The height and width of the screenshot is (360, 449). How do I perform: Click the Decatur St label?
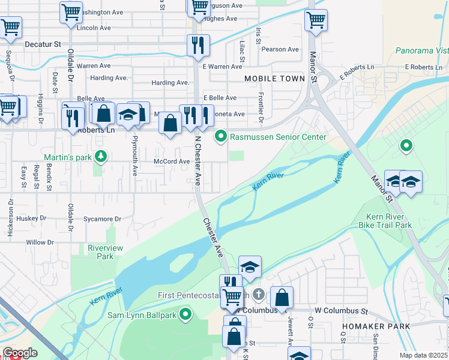[x=43, y=44]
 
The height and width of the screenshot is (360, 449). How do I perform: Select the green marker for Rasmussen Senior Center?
[x=221, y=137]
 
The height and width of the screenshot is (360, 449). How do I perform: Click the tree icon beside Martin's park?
[x=101, y=157]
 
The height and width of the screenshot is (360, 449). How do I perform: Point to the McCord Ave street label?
[x=172, y=161]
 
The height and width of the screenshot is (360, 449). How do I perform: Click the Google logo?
[x=20, y=353]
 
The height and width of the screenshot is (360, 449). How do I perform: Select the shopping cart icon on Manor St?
[x=316, y=20]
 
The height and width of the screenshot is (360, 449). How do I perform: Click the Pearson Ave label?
[x=280, y=49]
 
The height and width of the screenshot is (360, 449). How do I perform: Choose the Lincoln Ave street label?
[x=94, y=28]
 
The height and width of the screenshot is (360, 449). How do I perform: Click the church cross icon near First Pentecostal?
[x=258, y=294]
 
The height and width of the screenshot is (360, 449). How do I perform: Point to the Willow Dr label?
[x=40, y=242]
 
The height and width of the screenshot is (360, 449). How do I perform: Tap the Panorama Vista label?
[x=422, y=50]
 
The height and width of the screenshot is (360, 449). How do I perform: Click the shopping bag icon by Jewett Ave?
[x=282, y=297]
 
